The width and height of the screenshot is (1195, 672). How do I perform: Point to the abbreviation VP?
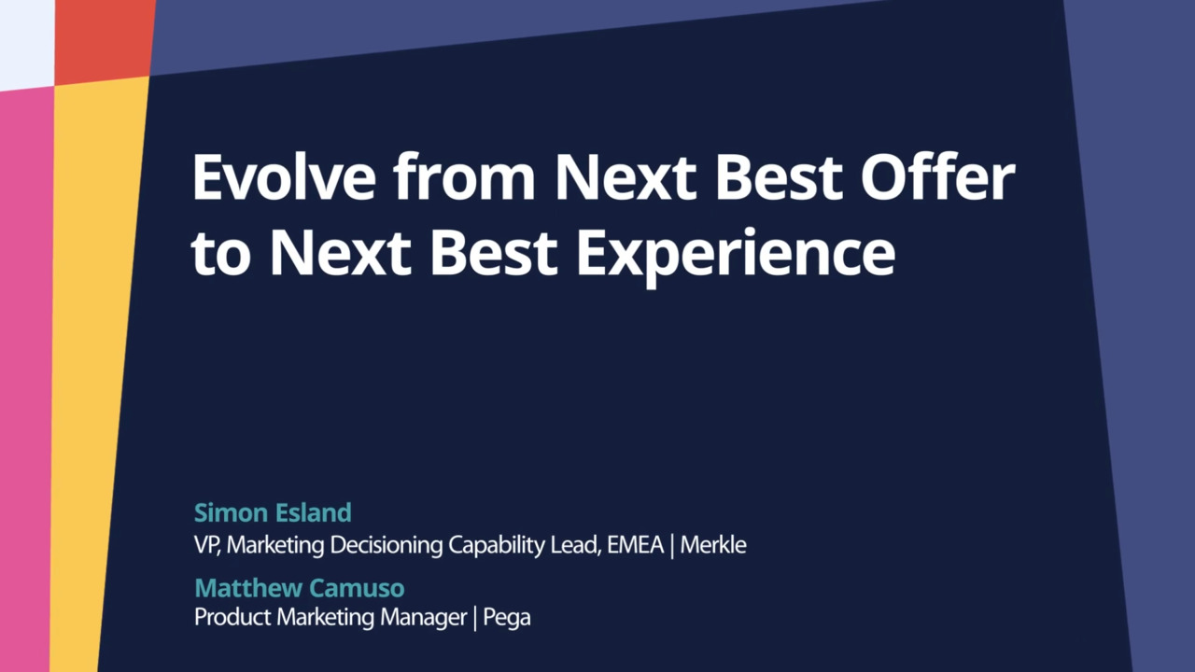click(205, 545)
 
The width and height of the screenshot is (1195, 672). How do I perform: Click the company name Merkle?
click(712, 545)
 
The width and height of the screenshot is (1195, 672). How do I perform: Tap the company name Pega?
click(507, 618)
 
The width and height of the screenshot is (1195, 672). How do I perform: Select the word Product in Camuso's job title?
click(224, 618)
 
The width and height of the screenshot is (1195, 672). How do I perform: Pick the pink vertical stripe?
click(25, 373)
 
